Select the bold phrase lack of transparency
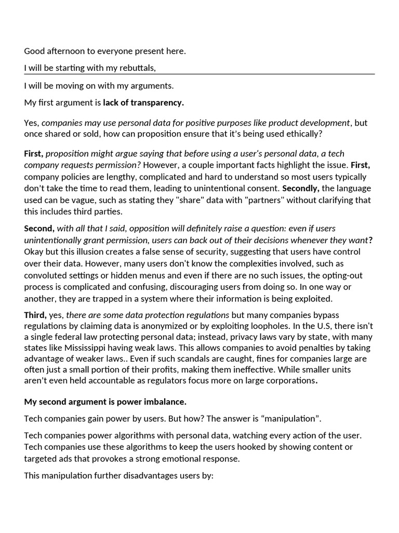pos(143,103)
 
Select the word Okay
pos(34,251)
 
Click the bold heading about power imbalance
pos(105,402)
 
